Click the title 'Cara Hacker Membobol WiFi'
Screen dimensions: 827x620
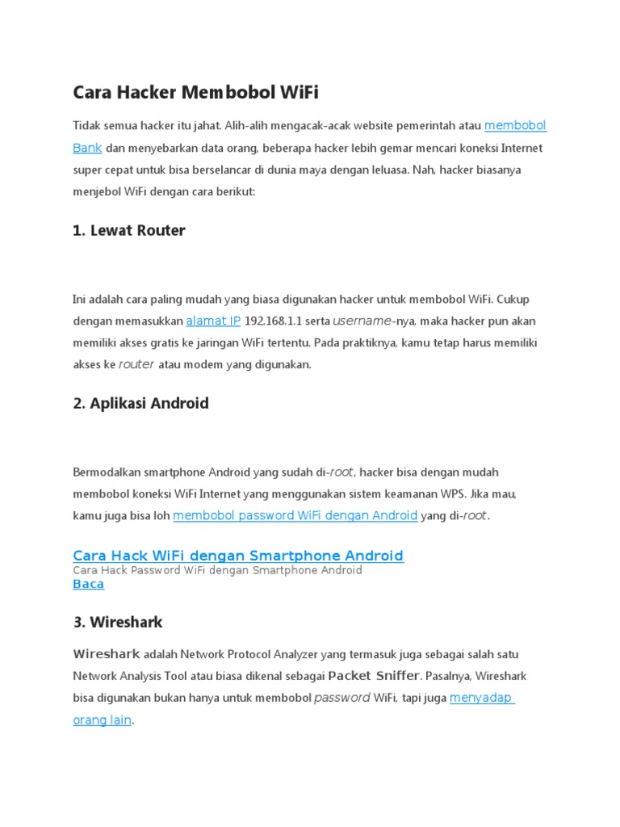pyautogui.click(x=195, y=93)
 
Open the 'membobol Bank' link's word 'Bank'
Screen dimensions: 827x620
pyautogui.click(x=87, y=149)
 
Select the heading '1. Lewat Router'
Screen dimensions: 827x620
pyautogui.click(x=128, y=231)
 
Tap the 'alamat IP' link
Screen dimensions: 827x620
pyautogui.click(x=213, y=321)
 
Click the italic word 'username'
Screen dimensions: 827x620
pyautogui.click(x=362, y=321)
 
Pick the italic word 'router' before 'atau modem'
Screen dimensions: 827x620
pyautogui.click(x=136, y=365)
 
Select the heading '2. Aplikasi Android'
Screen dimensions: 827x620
pyautogui.click(x=140, y=404)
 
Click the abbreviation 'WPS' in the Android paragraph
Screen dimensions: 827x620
pyautogui.click(x=453, y=493)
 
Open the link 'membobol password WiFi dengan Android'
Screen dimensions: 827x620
pyautogui.click(x=295, y=515)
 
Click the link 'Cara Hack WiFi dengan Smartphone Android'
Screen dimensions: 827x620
pyautogui.click(x=238, y=556)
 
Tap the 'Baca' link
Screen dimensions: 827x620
pyautogui.click(x=88, y=584)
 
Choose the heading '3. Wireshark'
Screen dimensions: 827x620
pyautogui.click(x=118, y=623)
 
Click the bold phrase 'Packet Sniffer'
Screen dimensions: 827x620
pyautogui.click(x=374, y=675)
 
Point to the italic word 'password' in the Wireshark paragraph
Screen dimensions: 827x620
pyautogui.click(x=341, y=698)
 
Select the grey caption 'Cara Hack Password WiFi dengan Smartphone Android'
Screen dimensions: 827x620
pyautogui.click(x=217, y=570)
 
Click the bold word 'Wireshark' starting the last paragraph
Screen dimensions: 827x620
pyautogui.click(x=107, y=653)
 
